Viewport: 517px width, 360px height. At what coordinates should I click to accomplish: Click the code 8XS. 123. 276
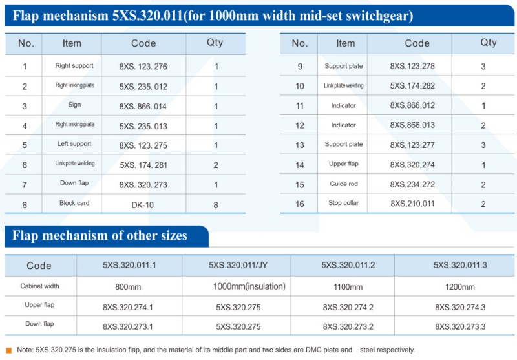(143, 66)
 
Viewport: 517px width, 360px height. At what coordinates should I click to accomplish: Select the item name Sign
(74, 105)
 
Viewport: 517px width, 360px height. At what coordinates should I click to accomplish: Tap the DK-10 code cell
(143, 204)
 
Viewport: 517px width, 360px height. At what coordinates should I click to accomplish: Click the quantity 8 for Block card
(216, 204)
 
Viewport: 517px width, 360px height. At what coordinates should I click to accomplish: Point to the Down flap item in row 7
(74, 183)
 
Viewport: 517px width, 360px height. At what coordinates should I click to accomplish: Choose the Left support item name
(74, 144)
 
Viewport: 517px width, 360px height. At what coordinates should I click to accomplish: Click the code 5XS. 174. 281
(143, 165)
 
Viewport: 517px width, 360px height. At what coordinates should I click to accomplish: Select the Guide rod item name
(343, 184)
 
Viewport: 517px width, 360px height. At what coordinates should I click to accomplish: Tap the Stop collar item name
(343, 204)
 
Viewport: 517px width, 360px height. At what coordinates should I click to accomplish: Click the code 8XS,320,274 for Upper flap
(412, 165)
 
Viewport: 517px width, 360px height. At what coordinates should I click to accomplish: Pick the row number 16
(299, 204)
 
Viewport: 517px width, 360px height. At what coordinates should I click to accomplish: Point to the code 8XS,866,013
(412, 125)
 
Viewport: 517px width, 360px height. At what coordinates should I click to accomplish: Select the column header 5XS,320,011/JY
(237, 265)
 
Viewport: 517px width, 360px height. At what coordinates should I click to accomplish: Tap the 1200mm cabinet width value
(459, 287)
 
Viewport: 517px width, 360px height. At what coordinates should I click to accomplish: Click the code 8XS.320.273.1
(128, 326)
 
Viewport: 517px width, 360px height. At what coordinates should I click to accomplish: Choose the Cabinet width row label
(40, 286)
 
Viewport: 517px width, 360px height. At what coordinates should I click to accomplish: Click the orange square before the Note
(9, 350)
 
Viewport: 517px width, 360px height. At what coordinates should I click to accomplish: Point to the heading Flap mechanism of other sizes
(100, 236)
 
